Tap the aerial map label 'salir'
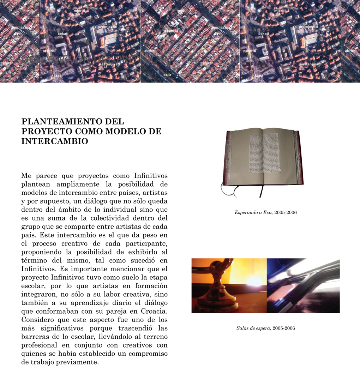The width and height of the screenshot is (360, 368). [167, 75]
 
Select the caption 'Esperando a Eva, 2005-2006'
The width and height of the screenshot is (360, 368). [265, 213]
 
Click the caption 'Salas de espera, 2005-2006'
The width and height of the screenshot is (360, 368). [265, 328]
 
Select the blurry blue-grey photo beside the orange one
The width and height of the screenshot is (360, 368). [303, 286]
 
